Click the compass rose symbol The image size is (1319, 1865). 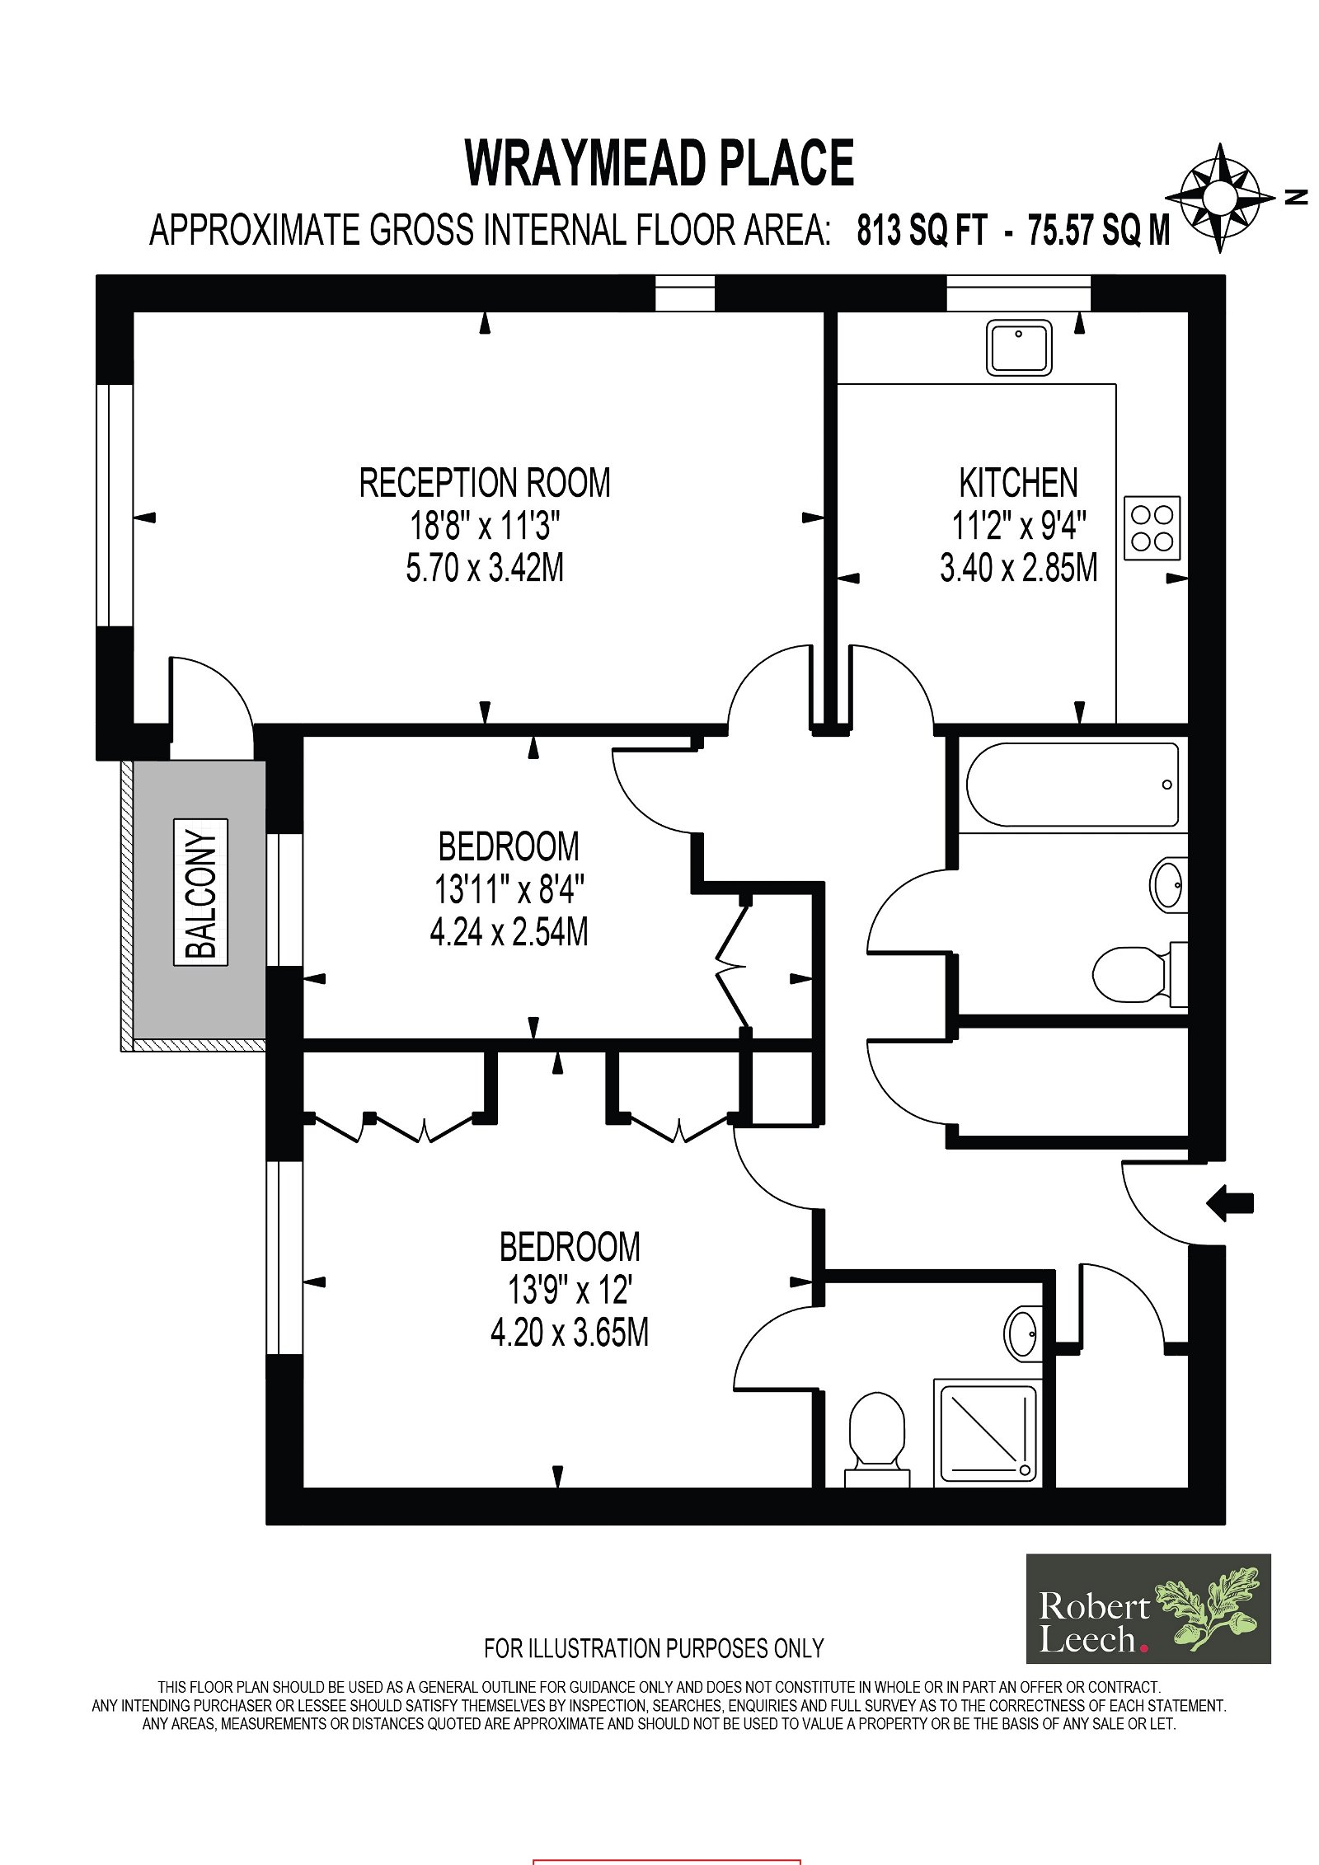pyautogui.click(x=1220, y=198)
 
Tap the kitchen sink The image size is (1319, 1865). pyautogui.click(x=1019, y=348)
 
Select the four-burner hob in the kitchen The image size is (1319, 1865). pyautogui.click(x=1152, y=528)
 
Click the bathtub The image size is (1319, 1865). pyautogui.click(x=1072, y=785)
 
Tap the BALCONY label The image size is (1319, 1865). pyautogui.click(x=200, y=892)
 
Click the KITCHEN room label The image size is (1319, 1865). pyautogui.click(x=1018, y=483)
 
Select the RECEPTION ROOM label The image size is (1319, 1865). pyautogui.click(x=485, y=483)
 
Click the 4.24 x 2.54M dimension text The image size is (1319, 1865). pyautogui.click(x=509, y=932)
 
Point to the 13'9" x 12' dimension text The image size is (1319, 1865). pyautogui.click(x=570, y=1290)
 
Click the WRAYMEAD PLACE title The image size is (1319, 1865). pyautogui.click(x=659, y=163)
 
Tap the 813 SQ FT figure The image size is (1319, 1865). pyautogui.click(x=922, y=230)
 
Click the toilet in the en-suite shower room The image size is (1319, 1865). pyautogui.click(x=877, y=1441)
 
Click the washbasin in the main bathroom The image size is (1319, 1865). pyautogui.click(x=1168, y=884)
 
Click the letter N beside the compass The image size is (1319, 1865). pyautogui.click(x=1296, y=197)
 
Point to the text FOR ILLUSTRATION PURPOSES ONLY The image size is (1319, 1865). pyautogui.click(x=654, y=1648)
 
